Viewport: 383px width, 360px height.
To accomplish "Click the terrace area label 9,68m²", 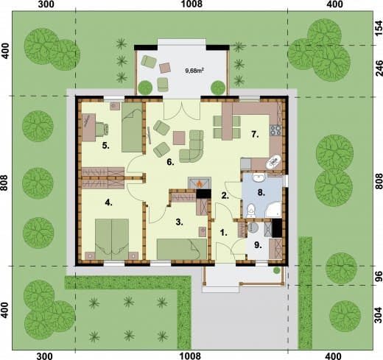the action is (x=194, y=71).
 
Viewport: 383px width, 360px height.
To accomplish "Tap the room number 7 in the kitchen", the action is (x=255, y=135).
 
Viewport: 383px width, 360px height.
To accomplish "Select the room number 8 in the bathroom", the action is (x=261, y=193).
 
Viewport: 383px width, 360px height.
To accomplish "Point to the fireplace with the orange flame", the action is (x=200, y=183).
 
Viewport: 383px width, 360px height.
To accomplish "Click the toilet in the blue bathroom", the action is (x=251, y=211).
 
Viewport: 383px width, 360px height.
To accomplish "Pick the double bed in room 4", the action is (x=112, y=239).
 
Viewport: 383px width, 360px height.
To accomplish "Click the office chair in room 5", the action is (x=102, y=129).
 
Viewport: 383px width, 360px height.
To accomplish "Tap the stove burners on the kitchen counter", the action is (x=275, y=130).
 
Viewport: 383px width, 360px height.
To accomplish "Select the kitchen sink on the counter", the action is (x=274, y=161).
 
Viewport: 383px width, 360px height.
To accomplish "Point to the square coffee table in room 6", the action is (x=179, y=138).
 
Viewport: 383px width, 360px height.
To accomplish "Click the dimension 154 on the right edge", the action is (x=379, y=29).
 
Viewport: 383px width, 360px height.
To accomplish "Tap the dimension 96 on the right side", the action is (x=379, y=276).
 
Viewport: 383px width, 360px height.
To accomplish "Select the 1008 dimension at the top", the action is (x=192, y=4).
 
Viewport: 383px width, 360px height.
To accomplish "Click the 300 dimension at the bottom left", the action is (x=44, y=356).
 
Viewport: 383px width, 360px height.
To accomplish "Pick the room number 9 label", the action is (x=258, y=245).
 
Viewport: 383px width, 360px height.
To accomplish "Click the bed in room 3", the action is (x=182, y=249).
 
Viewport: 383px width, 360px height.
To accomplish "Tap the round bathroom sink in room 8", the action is (x=259, y=178).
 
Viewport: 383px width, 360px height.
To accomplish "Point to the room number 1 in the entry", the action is (x=223, y=233).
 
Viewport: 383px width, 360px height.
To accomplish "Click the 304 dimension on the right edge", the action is (x=379, y=315).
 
